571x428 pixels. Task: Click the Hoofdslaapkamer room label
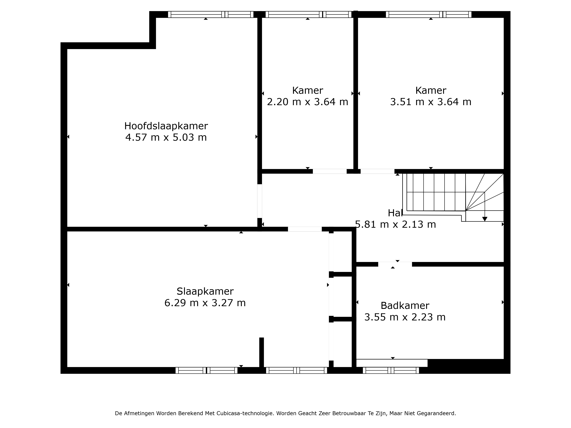(x=166, y=126)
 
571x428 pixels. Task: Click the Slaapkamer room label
(x=205, y=291)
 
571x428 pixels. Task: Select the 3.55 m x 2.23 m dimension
(x=405, y=317)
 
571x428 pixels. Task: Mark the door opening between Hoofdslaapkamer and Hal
(x=260, y=201)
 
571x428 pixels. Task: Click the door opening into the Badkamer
(x=395, y=264)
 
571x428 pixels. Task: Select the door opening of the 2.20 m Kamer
(x=330, y=171)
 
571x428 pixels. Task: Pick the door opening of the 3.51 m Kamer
(x=377, y=171)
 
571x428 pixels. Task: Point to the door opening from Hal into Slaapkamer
(x=305, y=229)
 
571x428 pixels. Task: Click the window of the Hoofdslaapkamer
(x=211, y=14)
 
